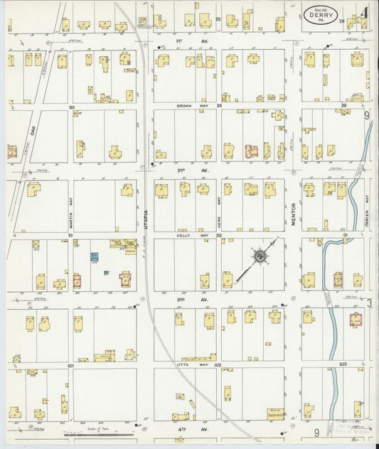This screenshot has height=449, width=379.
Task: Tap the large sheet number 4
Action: click(x=363, y=12)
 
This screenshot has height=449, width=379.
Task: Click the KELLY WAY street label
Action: click(x=187, y=234)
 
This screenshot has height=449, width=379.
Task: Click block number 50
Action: click(x=71, y=107)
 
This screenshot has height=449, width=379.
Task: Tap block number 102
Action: click(x=218, y=364)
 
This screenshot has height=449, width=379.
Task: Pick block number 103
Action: click(x=343, y=364)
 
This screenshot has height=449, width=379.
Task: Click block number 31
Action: click(x=345, y=235)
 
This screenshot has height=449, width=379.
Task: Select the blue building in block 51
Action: click(x=94, y=259)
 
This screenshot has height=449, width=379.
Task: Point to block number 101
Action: click(x=71, y=366)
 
